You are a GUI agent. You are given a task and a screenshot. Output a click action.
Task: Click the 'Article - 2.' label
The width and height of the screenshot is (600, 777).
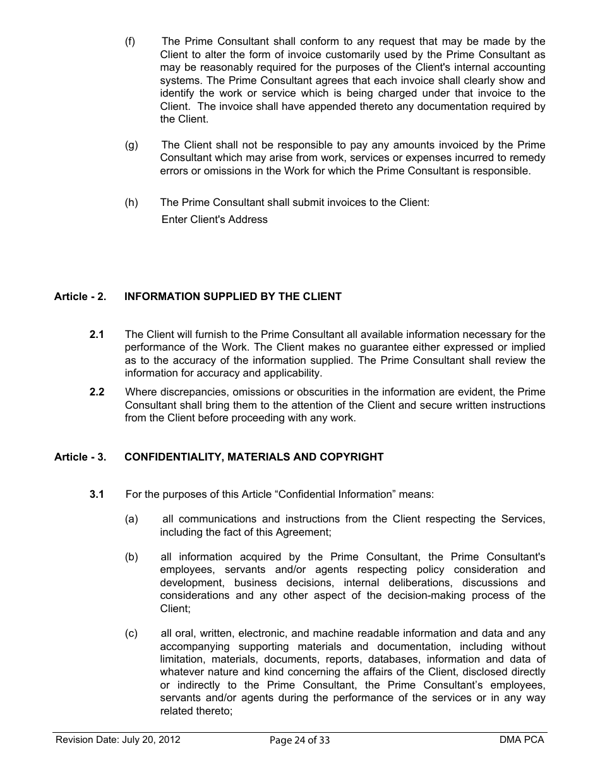tap(80, 296)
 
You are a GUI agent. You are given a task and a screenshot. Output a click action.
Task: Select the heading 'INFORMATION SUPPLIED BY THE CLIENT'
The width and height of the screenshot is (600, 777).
tap(233, 296)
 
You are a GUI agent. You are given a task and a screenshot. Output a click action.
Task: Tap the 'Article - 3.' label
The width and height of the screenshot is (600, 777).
tap(80, 457)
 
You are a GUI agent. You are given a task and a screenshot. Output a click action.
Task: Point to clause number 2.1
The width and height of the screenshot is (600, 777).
tap(97, 334)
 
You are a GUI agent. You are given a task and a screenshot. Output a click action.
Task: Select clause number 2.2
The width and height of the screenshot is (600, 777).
tap(97, 392)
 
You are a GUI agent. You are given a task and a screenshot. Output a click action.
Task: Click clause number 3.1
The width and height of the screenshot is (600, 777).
tap(97, 494)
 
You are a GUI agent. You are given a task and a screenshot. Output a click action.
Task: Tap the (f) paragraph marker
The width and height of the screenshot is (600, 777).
tap(130, 42)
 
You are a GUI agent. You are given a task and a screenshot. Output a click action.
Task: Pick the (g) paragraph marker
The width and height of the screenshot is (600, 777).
tap(131, 145)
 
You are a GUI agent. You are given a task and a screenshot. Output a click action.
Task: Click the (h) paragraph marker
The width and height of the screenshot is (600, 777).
tap(131, 202)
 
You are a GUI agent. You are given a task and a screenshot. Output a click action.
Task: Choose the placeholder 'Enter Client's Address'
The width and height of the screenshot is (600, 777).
tap(215, 219)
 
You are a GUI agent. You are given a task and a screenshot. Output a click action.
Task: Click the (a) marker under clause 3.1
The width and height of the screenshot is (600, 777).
tap(131, 519)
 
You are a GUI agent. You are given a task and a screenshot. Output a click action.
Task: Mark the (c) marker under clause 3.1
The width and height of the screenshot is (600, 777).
tap(131, 634)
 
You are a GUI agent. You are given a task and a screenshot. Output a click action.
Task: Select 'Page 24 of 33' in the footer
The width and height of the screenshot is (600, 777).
tap(299, 740)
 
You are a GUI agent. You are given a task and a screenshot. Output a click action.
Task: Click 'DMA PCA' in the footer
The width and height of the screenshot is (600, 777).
tap(521, 740)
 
